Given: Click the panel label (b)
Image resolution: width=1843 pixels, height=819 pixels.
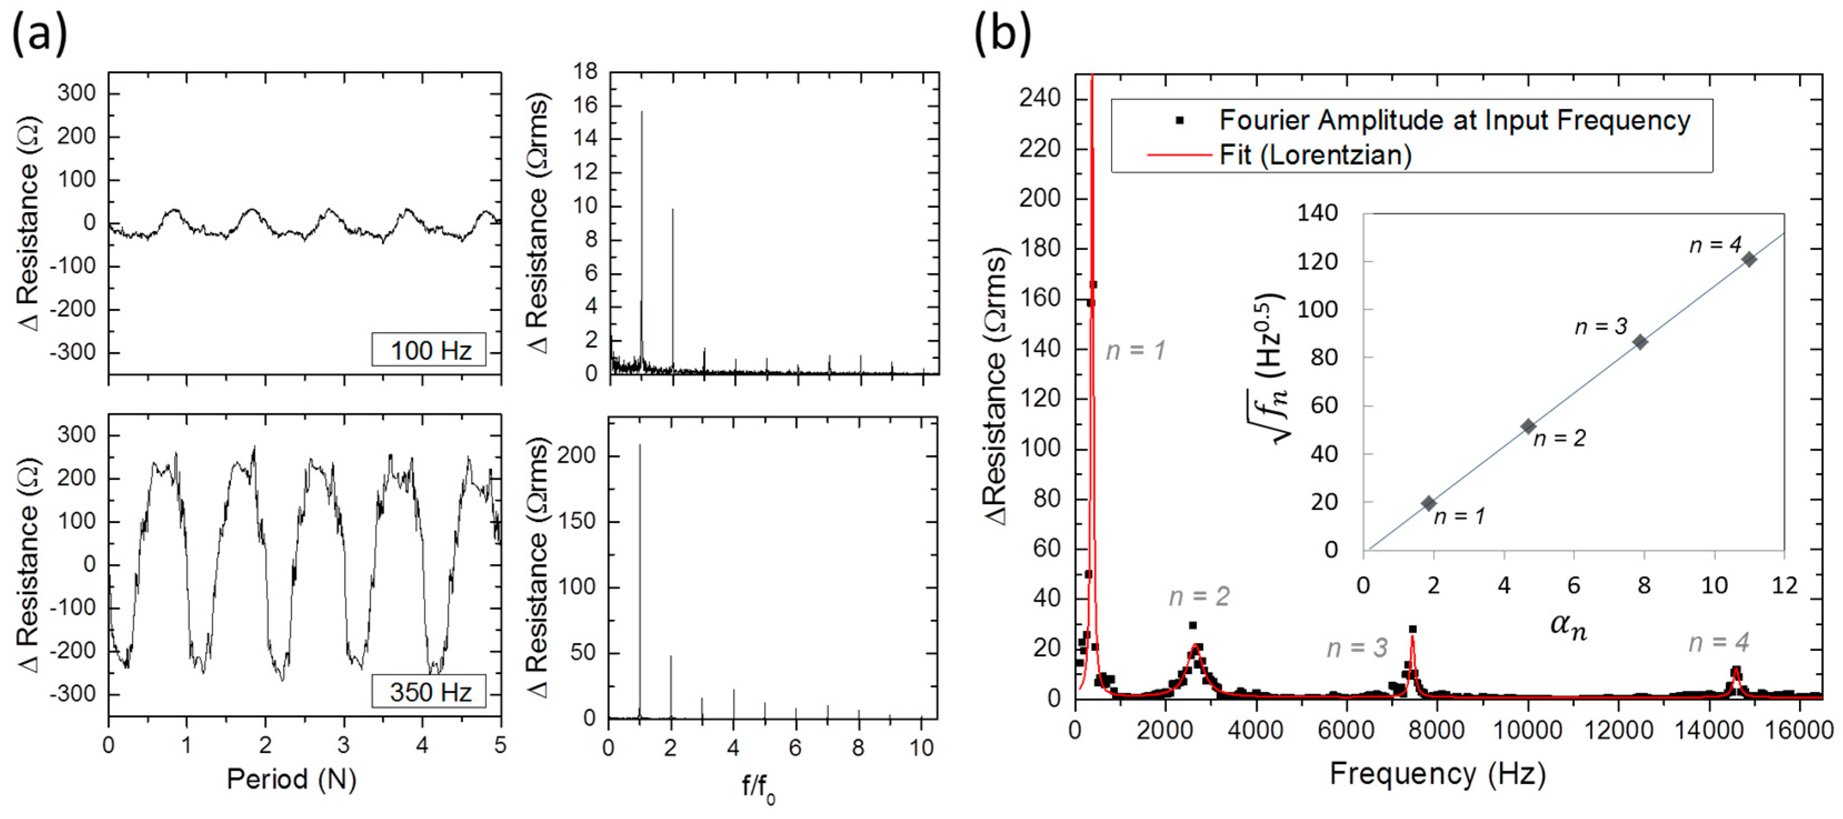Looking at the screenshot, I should [x=1002, y=34].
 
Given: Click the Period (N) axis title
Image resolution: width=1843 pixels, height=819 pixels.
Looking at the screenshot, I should [x=291, y=779].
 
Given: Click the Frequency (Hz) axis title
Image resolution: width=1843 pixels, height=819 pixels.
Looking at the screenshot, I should [x=1437, y=774].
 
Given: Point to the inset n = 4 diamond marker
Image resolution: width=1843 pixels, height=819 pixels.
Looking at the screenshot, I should [x=1749, y=259].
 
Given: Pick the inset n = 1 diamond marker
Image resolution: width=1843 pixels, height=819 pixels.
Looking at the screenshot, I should [x=1429, y=504].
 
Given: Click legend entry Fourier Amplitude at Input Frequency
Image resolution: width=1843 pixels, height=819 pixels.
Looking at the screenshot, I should [x=1454, y=120].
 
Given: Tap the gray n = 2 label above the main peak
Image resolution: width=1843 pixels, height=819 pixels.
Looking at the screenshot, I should [x=1199, y=596].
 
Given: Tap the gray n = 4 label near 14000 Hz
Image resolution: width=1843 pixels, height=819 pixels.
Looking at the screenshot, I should [x=1719, y=643].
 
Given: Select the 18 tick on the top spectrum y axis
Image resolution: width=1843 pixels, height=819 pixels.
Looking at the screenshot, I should [x=585, y=72].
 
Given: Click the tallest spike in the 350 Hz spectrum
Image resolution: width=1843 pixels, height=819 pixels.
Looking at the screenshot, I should [x=640, y=572].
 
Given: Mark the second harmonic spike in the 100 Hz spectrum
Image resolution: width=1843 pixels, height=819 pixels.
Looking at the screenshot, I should [x=672, y=286].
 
